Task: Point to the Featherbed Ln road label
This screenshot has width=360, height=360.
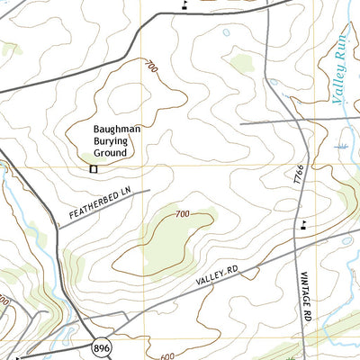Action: point(99,204)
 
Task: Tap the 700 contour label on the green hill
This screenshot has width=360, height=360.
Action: point(183,213)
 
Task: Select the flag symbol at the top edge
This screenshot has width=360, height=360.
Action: point(184,4)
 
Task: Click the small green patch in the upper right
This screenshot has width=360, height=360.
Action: point(240,63)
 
